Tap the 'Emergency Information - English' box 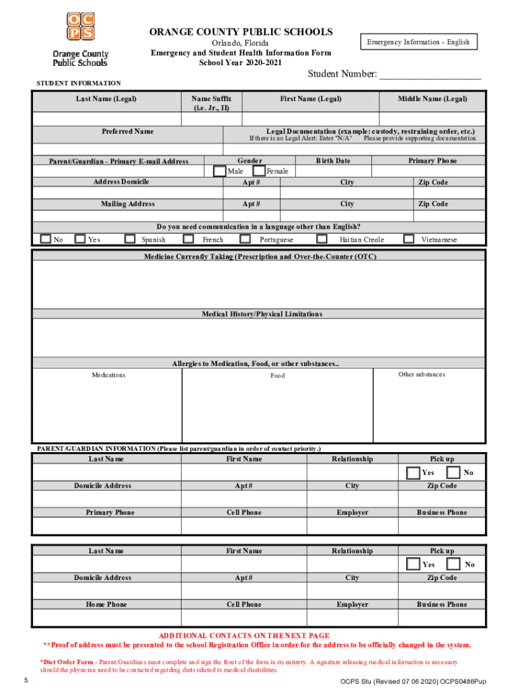[x=418, y=42]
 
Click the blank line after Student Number [x=430, y=75]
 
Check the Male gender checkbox [x=219, y=171]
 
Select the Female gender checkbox [x=259, y=171]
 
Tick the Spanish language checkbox [x=131, y=239]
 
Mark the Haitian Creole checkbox [x=322, y=239]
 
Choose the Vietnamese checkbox [x=408, y=239]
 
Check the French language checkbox [x=191, y=239]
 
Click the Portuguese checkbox [x=248, y=239]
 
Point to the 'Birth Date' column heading [x=333, y=161]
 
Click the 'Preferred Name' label [x=127, y=131]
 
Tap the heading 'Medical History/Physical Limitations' [x=262, y=314]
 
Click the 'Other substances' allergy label [x=422, y=374]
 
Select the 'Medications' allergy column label [x=108, y=375]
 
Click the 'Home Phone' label [x=106, y=604]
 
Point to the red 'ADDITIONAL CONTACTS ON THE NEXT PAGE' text [x=244, y=635]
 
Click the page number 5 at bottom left [x=25, y=680]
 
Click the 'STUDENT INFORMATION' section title [x=78, y=83]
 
